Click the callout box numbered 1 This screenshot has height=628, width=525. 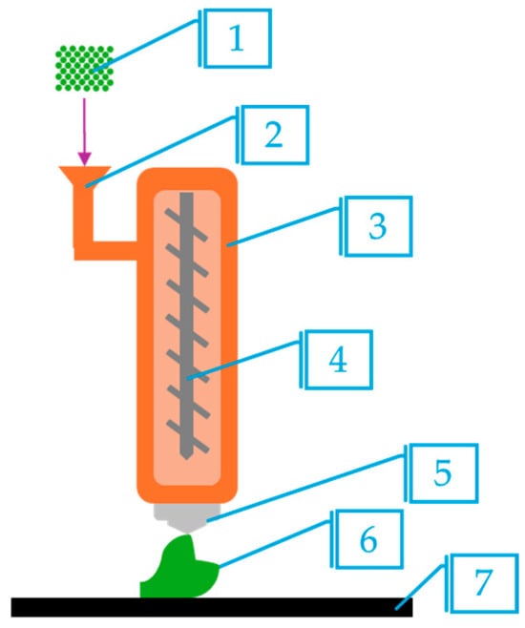(x=238, y=38)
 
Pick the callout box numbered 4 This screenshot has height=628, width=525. (x=339, y=360)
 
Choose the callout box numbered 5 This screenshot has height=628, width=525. (x=443, y=473)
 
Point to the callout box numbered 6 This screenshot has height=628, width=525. (x=368, y=539)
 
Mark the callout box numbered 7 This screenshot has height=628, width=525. (x=484, y=583)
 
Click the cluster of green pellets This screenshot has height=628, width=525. (x=85, y=69)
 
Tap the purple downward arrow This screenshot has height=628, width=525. (x=84, y=132)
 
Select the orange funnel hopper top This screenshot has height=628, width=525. (x=85, y=176)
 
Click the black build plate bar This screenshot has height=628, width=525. (x=212, y=607)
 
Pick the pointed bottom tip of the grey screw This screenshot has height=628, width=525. (x=186, y=459)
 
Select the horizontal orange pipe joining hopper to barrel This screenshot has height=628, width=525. (x=106, y=251)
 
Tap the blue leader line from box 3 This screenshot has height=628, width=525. (x=283, y=227)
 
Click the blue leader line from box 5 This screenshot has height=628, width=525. (x=306, y=488)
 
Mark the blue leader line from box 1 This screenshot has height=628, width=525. (x=146, y=46)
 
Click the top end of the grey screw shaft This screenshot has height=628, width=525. (x=186, y=193)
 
